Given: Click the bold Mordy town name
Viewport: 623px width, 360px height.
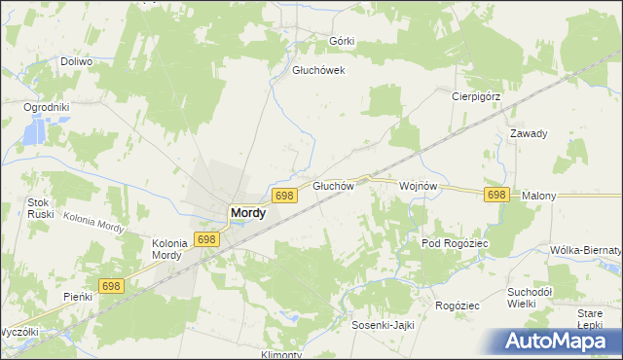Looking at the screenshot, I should coord(247,212).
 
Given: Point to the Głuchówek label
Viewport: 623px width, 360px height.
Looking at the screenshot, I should coord(319,70).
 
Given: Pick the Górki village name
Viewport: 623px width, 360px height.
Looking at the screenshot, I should coord(342,41).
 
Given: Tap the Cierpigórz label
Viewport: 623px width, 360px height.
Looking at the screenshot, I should coord(476,96).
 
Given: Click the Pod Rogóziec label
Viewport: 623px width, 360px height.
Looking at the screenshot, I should coord(454,242).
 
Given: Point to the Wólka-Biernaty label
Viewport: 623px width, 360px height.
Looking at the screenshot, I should coord(585,250).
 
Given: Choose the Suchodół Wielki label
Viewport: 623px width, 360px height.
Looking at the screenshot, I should coord(530,297).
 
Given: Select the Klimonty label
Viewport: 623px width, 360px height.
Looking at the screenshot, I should coord(281,354).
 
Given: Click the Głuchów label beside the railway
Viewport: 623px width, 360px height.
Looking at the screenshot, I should coord(331,186).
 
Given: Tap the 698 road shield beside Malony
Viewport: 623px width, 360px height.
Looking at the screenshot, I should coord(496,195).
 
